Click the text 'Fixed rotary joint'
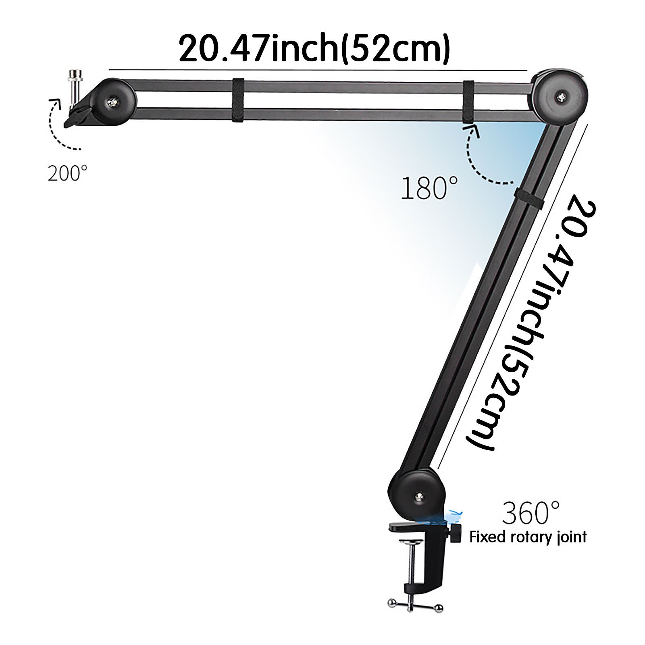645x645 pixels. click(528, 537)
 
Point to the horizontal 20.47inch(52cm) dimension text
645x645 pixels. click(314, 48)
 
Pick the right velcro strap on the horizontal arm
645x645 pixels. click(468, 101)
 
